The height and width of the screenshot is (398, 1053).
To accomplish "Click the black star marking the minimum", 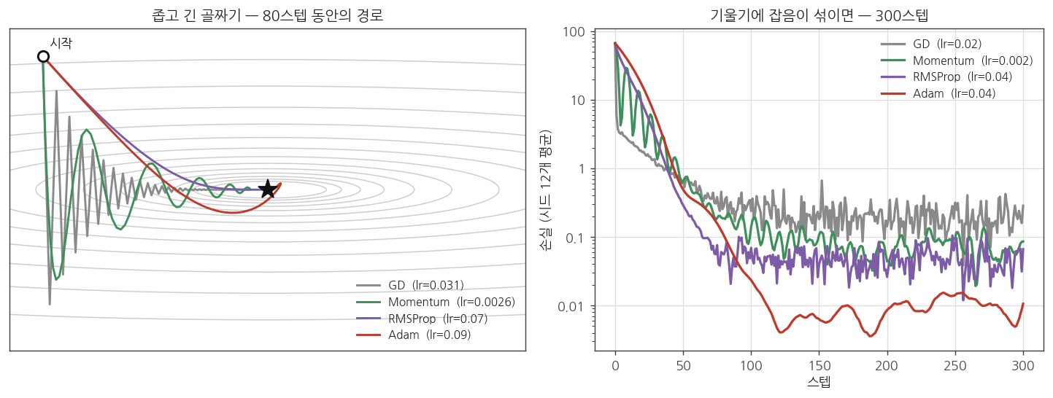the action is pyautogui.click(x=268, y=189).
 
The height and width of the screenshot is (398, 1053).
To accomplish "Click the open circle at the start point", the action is pyautogui.click(x=43, y=57).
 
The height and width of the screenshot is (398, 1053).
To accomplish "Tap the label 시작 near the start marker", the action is pyautogui.click(x=61, y=44).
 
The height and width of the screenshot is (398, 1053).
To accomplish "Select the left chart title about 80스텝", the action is pyautogui.click(x=267, y=15).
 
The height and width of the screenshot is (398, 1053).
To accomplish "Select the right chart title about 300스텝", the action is pyautogui.click(x=819, y=15).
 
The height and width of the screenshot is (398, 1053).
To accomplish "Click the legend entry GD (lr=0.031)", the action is pyautogui.click(x=410, y=285).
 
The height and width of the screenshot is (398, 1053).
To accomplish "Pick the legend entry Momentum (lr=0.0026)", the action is pyautogui.click(x=436, y=302).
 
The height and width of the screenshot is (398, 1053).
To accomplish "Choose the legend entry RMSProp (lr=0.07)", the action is pyautogui.click(x=422, y=319).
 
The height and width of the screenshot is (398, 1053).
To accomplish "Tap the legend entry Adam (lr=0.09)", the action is pyautogui.click(x=413, y=335).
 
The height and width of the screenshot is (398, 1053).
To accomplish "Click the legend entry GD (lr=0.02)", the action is pyautogui.click(x=931, y=44).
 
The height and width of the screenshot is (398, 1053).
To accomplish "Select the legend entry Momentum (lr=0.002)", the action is pyautogui.click(x=957, y=61).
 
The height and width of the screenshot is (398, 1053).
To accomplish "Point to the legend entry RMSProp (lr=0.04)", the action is pyautogui.click(x=946, y=77).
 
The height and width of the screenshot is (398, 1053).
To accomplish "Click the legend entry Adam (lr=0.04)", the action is pyautogui.click(x=938, y=93).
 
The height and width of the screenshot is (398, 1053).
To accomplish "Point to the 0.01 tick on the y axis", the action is pyautogui.click(x=571, y=307).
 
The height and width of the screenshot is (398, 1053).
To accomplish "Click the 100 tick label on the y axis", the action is pyautogui.click(x=574, y=32).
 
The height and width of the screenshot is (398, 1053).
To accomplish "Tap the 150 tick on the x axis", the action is pyautogui.click(x=819, y=366).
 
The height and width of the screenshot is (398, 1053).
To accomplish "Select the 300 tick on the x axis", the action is pyautogui.click(x=1023, y=366).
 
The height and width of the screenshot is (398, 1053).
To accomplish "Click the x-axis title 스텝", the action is pyautogui.click(x=819, y=381).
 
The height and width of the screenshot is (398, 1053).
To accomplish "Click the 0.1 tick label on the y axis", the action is pyautogui.click(x=575, y=238).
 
